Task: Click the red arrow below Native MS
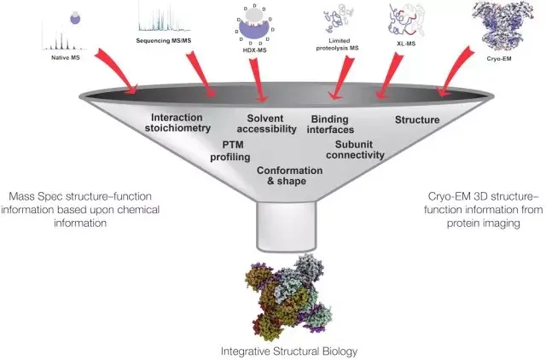(115, 73)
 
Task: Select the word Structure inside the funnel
(416, 120)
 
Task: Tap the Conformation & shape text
(289, 176)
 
